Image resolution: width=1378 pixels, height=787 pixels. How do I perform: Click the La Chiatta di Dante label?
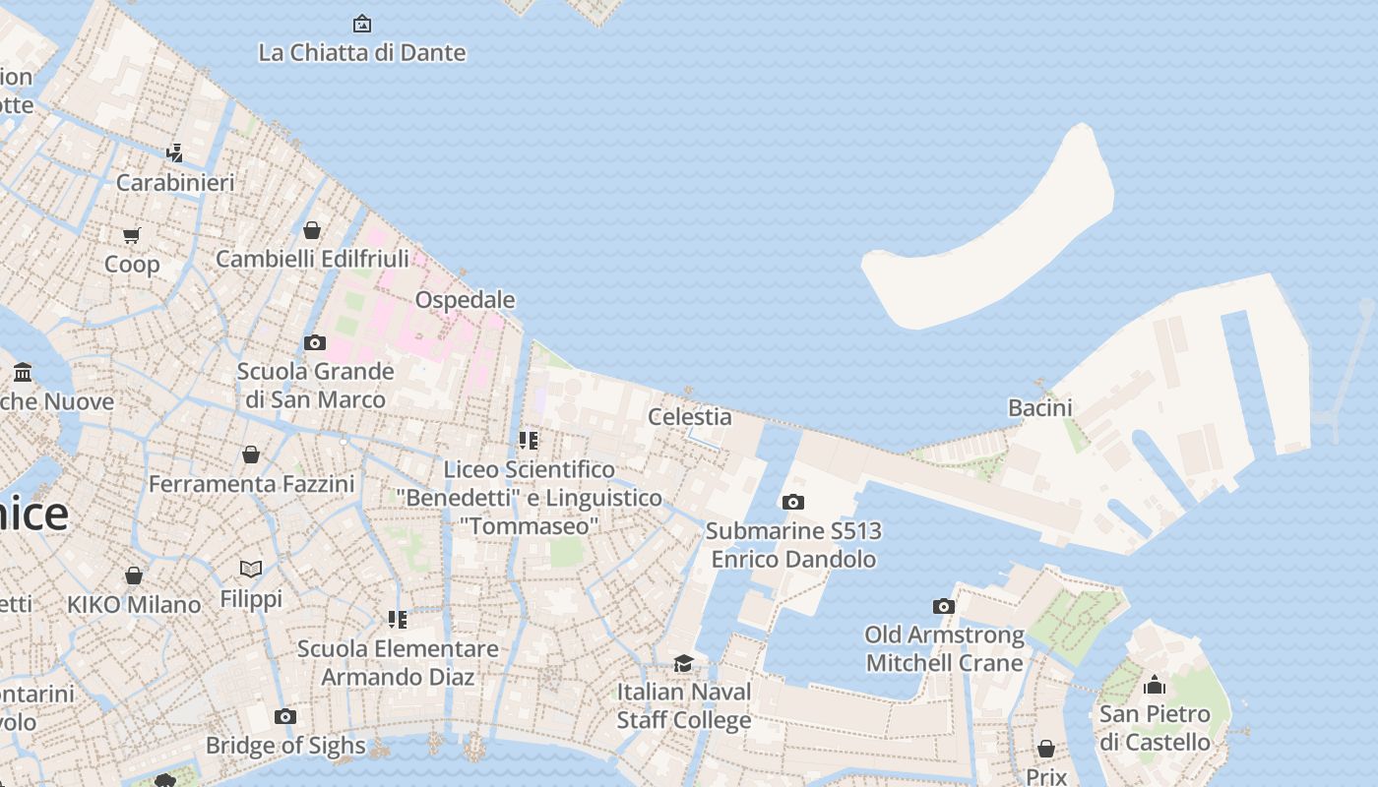pos(361,52)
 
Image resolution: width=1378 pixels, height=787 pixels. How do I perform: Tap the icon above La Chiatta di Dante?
pos(362,23)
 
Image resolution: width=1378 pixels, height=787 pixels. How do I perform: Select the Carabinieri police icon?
pos(175,152)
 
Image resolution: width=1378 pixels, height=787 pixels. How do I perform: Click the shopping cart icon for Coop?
pos(132,235)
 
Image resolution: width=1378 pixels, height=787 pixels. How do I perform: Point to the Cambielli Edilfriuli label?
pos(312,259)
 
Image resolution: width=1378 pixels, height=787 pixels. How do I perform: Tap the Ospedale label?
pos(465,299)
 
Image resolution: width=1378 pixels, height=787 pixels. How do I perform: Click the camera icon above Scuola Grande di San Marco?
pos(315,342)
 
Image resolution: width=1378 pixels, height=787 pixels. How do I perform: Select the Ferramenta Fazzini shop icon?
pos(251,454)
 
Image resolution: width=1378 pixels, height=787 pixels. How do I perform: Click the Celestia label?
pos(689,416)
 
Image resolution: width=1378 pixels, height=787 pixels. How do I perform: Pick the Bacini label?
pos(1039,407)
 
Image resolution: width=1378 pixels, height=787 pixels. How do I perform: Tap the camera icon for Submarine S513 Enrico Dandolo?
pos(792,502)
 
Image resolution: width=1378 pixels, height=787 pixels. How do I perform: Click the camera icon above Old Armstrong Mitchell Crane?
pos(944,606)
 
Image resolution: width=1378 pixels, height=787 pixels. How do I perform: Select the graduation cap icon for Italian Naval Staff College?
pos(683,663)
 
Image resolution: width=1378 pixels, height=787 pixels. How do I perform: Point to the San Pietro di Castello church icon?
pos(1155,685)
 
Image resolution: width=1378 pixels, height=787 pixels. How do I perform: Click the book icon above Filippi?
pos(251,569)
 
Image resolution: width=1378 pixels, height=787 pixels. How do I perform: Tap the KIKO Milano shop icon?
pos(134,575)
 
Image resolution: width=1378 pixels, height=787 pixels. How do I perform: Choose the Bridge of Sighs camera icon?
pos(285,716)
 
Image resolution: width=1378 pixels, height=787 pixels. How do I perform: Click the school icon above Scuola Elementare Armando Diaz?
pos(398,619)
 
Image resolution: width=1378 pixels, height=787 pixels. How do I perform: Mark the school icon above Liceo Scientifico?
pos(529,440)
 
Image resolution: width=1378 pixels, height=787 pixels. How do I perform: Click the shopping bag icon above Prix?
pos(1046,749)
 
